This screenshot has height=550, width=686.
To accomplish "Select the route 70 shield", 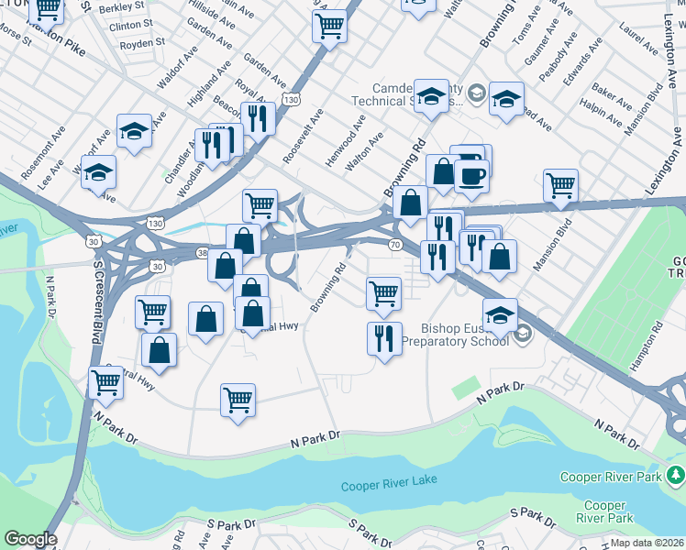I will tap(395, 245).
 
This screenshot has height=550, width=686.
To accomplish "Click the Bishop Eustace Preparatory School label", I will tap(464, 335).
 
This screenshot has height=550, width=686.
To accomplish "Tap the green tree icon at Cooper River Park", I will tap(676, 475).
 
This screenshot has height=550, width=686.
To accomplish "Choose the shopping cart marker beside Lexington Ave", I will tap(560, 184).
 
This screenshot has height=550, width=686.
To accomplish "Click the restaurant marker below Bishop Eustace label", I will tap(384, 338).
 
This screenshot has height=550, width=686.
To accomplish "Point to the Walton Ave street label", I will tap(364, 151).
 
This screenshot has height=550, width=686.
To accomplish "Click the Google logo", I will tap(29, 539).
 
